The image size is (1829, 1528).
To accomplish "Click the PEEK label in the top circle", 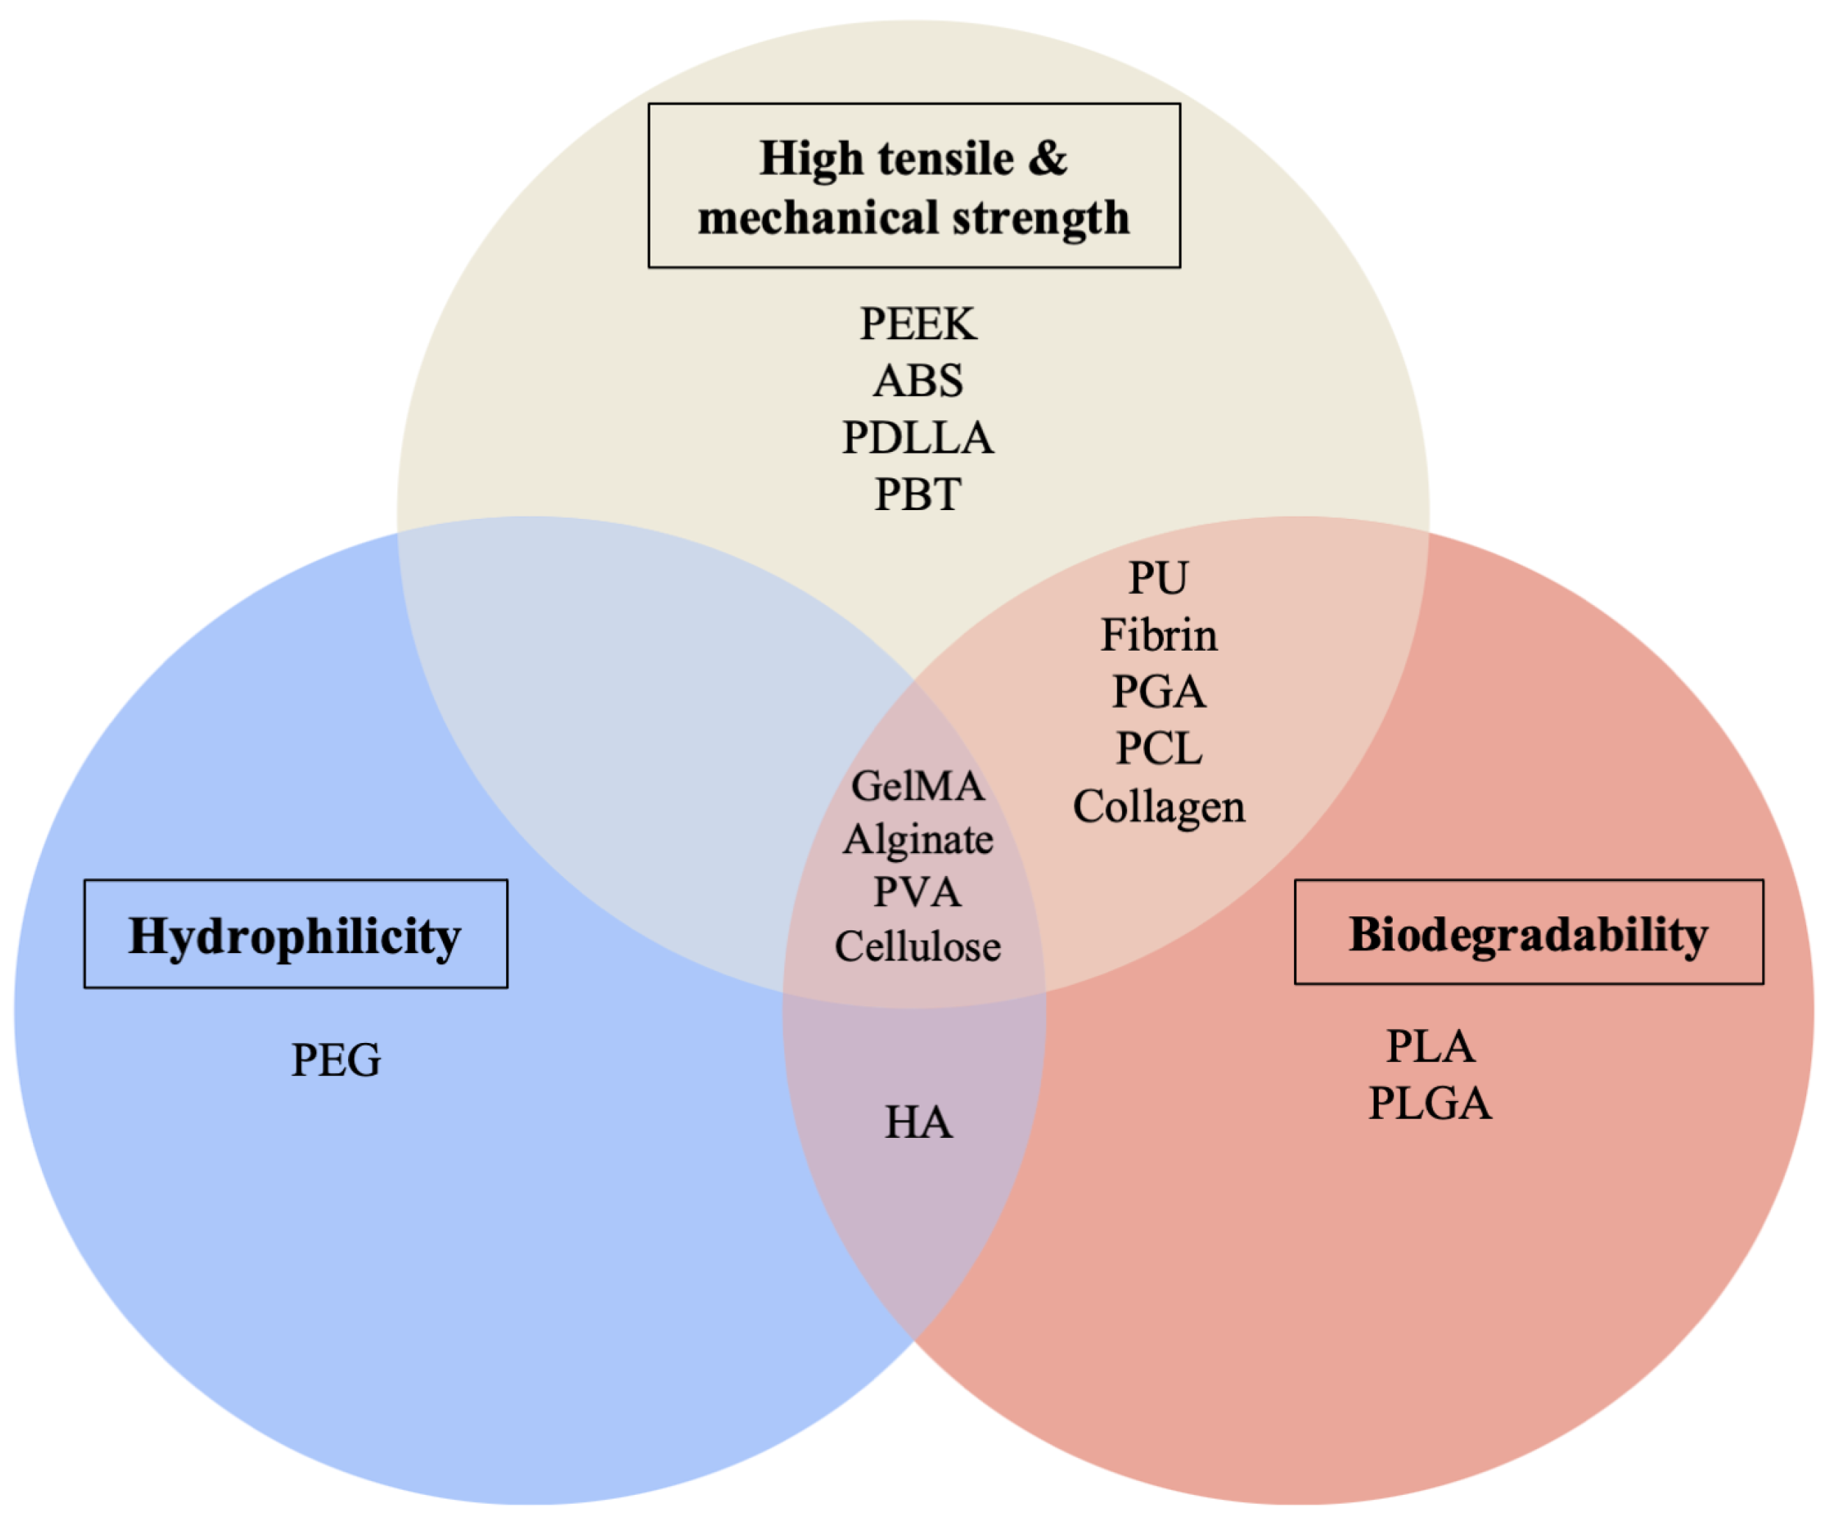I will (918, 324).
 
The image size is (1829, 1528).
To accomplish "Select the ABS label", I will (918, 381).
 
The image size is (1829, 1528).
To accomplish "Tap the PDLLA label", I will (918, 437).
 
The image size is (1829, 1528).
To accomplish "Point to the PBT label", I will (918, 495).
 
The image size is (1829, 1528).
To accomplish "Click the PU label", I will (1157, 578).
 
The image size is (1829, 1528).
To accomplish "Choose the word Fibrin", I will (1158, 635).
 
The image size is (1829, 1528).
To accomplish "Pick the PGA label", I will (1158, 693).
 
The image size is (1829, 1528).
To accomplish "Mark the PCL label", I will (1158, 749).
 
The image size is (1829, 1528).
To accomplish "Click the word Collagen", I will (1158, 807).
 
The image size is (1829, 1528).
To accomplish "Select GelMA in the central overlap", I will (918, 787).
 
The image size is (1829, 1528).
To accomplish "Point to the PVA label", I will (918, 893).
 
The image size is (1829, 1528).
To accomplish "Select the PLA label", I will (1430, 1047).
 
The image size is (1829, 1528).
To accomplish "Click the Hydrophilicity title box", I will (295, 934).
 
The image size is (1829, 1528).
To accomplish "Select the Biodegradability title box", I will (1529, 932).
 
